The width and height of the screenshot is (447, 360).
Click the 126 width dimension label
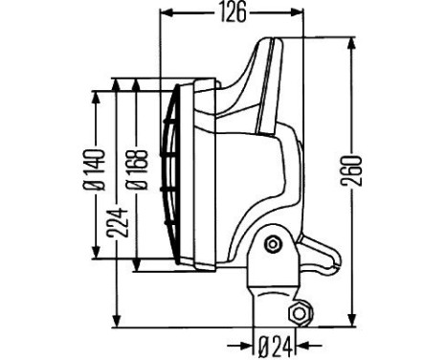click(x=234, y=12)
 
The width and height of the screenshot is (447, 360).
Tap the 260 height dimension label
click(x=351, y=171)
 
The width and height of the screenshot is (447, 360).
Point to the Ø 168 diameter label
click(x=137, y=169)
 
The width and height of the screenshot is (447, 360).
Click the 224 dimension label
click(x=117, y=222)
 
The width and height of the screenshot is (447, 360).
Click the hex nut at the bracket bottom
click(x=300, y=313)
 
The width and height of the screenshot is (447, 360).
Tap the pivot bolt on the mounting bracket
click(x=273, y=245)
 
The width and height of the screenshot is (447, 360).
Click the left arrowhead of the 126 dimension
click(x=167, y=12)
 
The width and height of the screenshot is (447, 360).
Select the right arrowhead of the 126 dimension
click(x=296, y=12)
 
